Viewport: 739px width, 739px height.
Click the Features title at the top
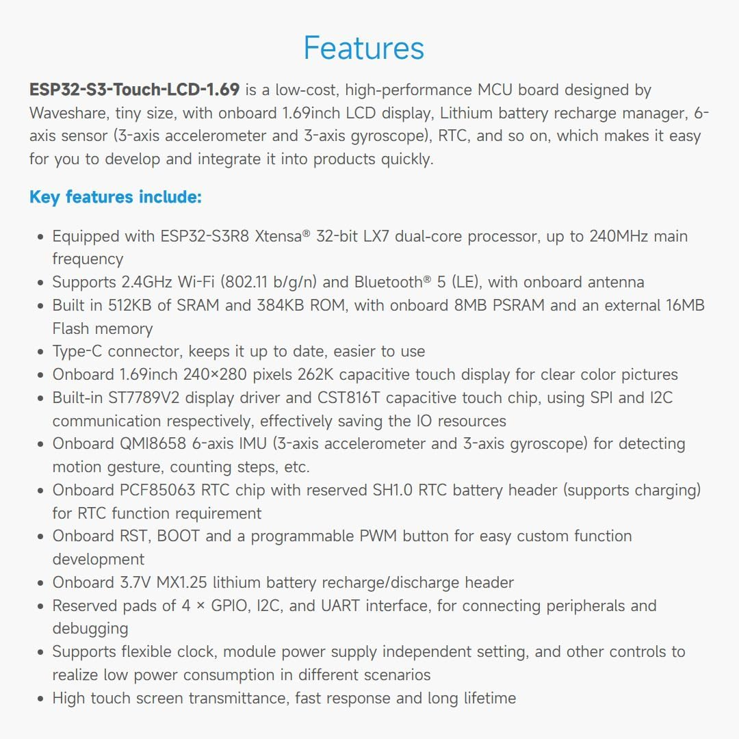click(x=364, y=49)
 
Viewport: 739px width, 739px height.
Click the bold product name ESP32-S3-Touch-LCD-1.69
click(x=134, y=90)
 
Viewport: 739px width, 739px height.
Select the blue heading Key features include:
click(x=115, y=197)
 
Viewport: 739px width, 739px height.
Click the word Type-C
click(x=77, y=352)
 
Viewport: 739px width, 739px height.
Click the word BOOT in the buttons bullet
click(x=179, y=536)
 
